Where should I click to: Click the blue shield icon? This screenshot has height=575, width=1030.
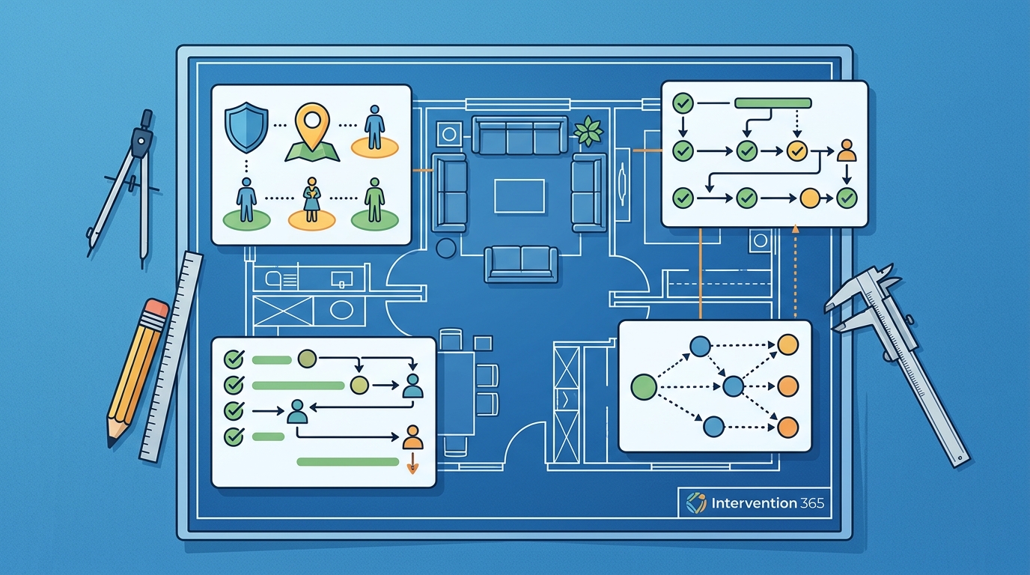click(246, 127)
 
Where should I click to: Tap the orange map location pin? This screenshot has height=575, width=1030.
click(312, 127)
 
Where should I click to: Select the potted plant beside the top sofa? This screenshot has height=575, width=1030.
click(588, 130)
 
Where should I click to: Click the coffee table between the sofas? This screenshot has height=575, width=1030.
click(519, 196)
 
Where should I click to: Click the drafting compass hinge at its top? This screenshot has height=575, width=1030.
click(142, 136)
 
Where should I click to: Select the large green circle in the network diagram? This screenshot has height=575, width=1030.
click(644, 386)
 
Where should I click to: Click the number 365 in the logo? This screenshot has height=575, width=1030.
click(812, 503)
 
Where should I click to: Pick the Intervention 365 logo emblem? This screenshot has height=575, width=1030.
click(696, 503)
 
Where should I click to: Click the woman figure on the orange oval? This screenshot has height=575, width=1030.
click(311, 200)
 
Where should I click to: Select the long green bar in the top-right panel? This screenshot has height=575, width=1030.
click(773, 103)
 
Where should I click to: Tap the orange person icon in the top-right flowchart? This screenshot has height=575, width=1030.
click(847, 151)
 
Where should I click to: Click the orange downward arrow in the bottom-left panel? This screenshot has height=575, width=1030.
click(412, 463)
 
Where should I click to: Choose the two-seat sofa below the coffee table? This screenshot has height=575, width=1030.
click(521, 264)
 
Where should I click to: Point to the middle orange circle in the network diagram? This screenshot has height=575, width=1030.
click(787, 386)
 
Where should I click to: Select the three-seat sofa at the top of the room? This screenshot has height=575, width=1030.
click(519, 136)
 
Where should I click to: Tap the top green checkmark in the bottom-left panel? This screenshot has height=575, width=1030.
click(234, 359)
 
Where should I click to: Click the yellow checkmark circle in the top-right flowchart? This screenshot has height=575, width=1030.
click(797, 150)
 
